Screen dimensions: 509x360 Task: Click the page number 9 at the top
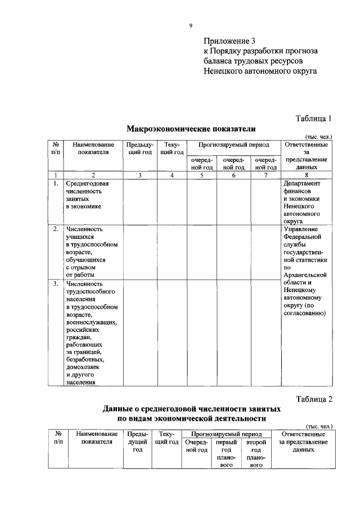click(x=191, y=25)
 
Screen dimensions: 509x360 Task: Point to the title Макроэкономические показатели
click(x=191, y=128)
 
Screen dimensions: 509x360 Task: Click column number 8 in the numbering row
click(x=306, y=175)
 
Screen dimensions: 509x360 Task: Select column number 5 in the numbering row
click(x=201, y=175)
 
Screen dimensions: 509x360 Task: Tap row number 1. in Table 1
click(x=56, y=183)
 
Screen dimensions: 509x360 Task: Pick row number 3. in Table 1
click(x=56, y=283)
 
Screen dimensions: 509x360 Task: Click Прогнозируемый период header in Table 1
click(x=233, y=145)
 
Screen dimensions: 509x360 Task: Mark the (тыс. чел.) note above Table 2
click(x=319, y=426)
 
